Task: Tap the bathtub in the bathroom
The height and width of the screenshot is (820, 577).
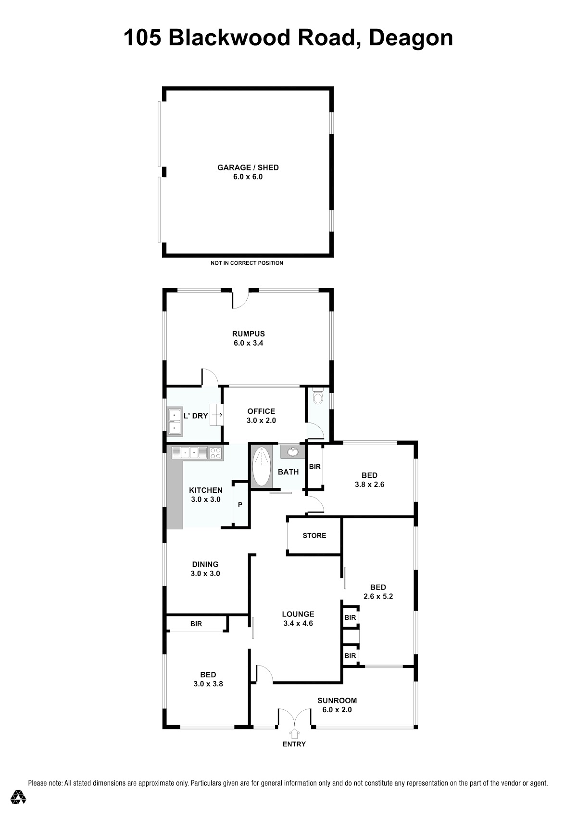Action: click(261, 466)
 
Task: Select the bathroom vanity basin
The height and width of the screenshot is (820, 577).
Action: click(292, 452)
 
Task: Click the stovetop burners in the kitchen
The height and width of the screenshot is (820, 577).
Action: click(215, 453)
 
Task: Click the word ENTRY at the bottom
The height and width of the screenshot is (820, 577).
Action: click(294, 744)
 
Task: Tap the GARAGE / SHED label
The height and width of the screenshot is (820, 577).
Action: click(248, 167)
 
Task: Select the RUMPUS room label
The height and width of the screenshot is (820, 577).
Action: click(249, 333)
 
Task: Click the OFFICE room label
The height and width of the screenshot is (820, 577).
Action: click(261, 411)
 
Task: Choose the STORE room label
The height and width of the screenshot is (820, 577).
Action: click(314, 536)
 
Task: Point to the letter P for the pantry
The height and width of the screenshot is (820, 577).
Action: click(240, 505)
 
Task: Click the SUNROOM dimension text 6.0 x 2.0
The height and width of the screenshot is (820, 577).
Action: click(337, 710)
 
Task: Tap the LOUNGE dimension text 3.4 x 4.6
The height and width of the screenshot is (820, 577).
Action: click(298, 623)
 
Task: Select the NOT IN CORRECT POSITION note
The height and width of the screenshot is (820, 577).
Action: click(247, 263)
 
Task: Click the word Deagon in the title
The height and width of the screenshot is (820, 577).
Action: click(411, 38)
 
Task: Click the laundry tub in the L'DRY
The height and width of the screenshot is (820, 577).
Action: click(175, 422)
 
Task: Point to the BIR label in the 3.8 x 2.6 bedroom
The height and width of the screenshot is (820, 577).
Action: click(314, 467)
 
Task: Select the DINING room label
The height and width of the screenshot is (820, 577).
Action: click(205, 564)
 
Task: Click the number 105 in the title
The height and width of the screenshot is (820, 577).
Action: click(142, 38)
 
